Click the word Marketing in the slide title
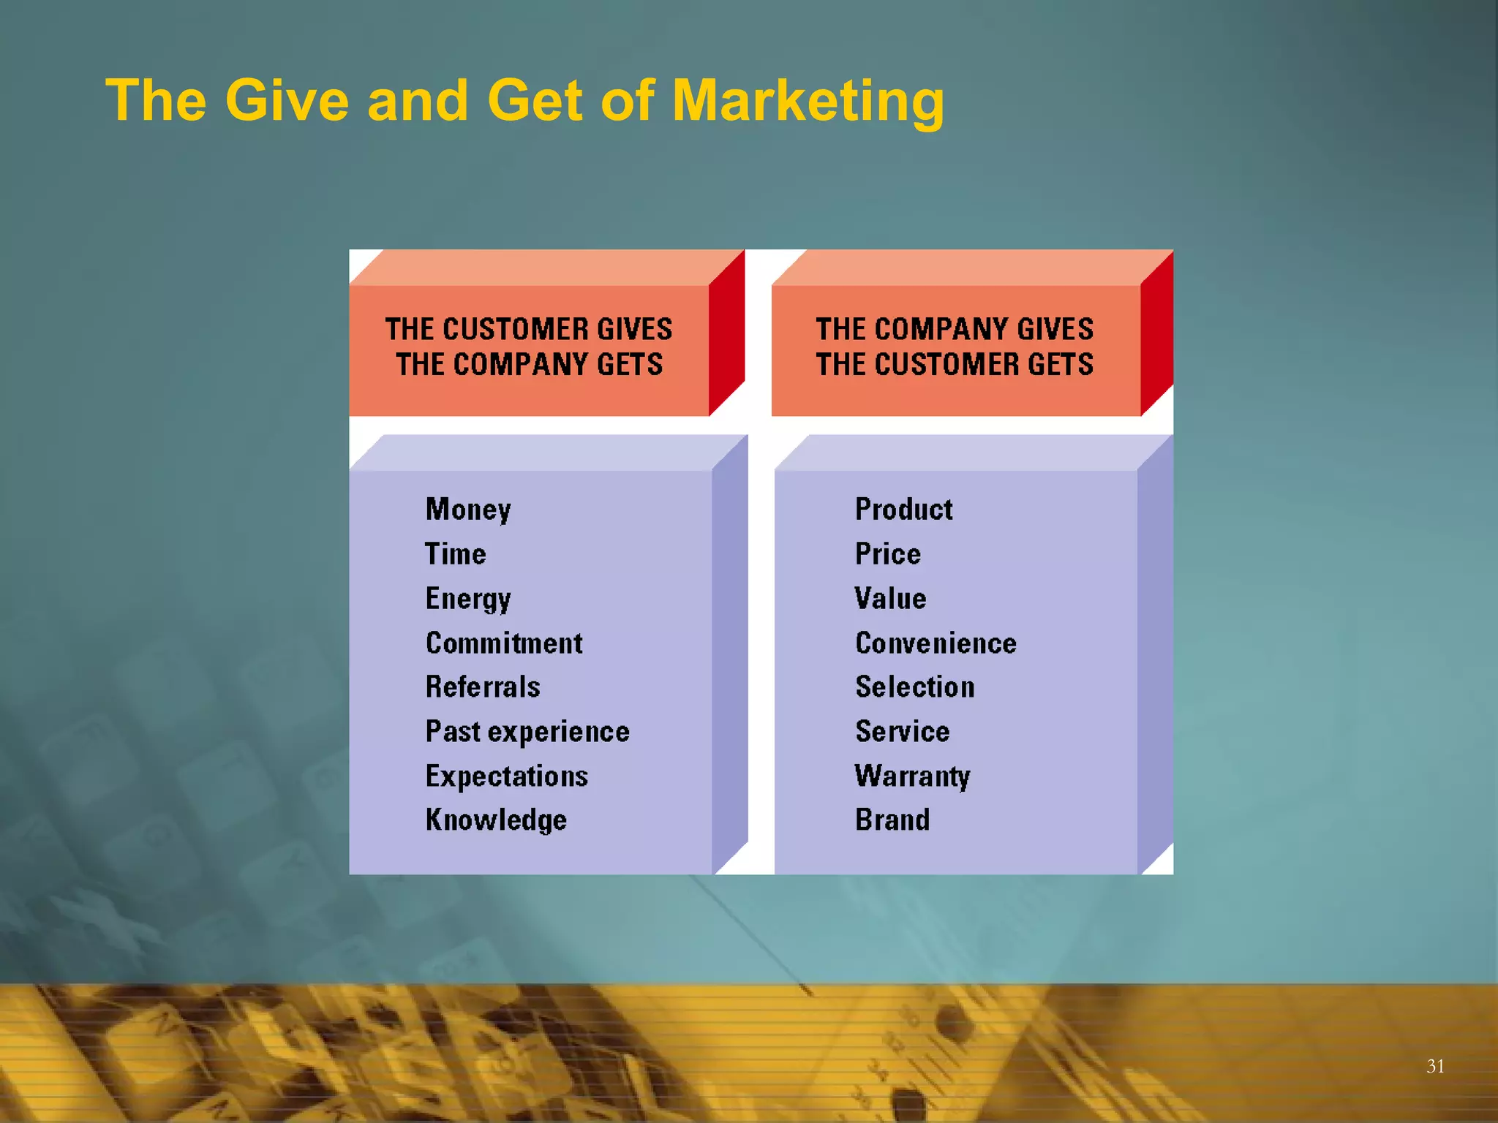pos(808,101)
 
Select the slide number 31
pos(1435,1066)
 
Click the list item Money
pos(468,510)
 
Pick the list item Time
pos(456,554)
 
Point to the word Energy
pos(468,599)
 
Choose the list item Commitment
pos(504,643)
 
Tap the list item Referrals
pos(483,687)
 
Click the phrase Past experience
pos(527,732)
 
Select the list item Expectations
pos(507,776)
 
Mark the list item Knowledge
pos(496,820)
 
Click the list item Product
pos(904,510)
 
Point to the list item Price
pos(888,554)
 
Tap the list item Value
pos(891,599)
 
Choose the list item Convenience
pos(936,643)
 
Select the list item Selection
pos(915,687)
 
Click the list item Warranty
pos(913,776)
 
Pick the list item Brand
pos(892,820)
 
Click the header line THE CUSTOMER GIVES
pos(529,329)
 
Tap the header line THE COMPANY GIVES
pos(955,329)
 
